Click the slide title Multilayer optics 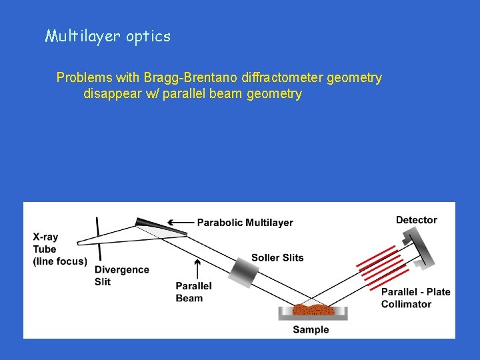(x=107, y=36)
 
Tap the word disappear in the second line (x=109, y=94)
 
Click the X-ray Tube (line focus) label (x=59, y=249)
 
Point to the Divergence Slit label (x=121, y=275)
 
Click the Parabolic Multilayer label (x=245, y=223)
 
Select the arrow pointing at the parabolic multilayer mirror (x=179, y=223)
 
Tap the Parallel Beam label (x=193, y=292)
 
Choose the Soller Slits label (x=277, y=257)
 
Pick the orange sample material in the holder (x=312, y=310)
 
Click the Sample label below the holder (x=311, y=329)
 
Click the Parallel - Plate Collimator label (x=415, y=298)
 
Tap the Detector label (x=416, y=220)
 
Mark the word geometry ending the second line (x=274, y=94)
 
